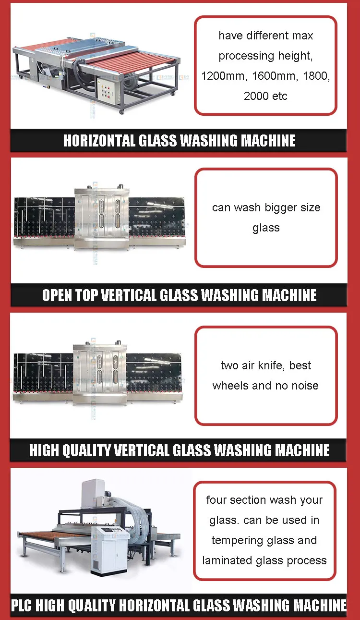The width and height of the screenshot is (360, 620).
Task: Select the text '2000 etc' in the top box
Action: [265, 96]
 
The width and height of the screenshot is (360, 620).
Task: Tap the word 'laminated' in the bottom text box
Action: [226, 560]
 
